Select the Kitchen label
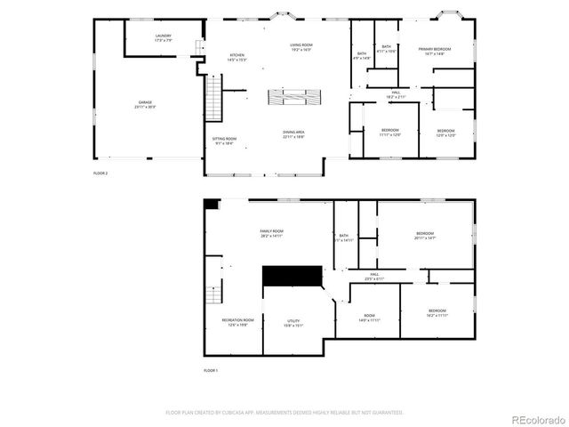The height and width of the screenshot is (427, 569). pos(237,57)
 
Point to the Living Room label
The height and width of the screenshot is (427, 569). pos(301,46)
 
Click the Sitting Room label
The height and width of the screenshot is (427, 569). pos(224,141)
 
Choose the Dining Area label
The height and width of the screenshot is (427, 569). pos(294,134)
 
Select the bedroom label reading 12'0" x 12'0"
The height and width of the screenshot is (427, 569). pos(445,133)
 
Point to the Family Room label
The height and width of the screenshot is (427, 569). pos(271,233)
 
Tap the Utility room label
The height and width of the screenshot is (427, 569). pos(293,323)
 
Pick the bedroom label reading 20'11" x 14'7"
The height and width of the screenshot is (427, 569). pos(425,235)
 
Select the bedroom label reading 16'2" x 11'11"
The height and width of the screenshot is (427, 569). pos(437,312)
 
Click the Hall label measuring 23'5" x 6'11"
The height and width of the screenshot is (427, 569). pos(373,277)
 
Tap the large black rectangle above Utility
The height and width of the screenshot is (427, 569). pos(291,275)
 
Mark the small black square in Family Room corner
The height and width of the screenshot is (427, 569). pos(211,205)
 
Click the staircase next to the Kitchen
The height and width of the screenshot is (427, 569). pos(212,98)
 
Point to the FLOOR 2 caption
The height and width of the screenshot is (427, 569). pos(100,173)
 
